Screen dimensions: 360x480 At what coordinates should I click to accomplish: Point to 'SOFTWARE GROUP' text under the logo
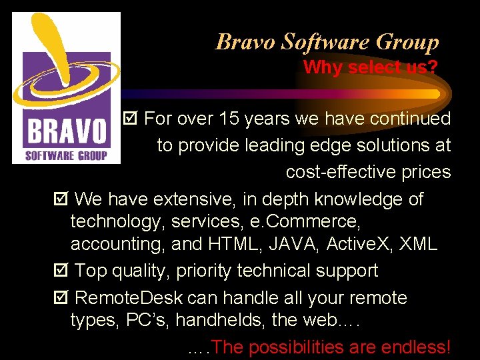[66, 156]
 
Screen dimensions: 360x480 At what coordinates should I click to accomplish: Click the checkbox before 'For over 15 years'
[131, 119]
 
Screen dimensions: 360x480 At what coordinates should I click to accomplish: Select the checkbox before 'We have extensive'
[61, 199]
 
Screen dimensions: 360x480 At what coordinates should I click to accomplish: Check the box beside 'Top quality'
[61, 271]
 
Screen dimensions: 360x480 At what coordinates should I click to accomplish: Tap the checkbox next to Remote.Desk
[61, 298]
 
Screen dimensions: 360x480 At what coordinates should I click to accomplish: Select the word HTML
[235, 245]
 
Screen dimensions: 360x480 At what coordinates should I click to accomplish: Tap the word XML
[418, 245]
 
